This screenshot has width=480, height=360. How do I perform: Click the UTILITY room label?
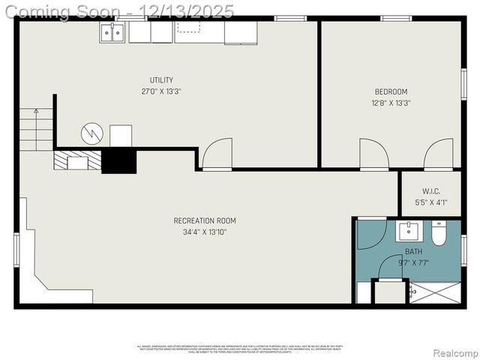tap(161, 80)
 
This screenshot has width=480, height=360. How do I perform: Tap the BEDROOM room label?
tap(391, 92)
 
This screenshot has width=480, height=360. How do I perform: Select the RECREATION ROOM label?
tap(205, 220)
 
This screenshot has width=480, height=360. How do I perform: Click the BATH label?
tap(414, 252)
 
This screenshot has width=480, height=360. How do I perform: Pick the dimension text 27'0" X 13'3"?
tap(161, 91)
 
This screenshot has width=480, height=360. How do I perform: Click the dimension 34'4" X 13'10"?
tap(205, 232)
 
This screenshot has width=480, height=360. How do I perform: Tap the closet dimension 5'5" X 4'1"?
tap(431, 202)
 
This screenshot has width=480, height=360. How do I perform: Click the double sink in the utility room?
tap(113, 31)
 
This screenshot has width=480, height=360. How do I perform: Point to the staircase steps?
tap(35, 127)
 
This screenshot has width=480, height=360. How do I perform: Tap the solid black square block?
tap(119, 160)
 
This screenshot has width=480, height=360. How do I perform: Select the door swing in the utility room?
tap(217, 154)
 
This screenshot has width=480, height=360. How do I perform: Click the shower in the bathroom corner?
tap(436, 293)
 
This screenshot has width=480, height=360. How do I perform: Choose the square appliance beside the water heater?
tap(121, 136)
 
